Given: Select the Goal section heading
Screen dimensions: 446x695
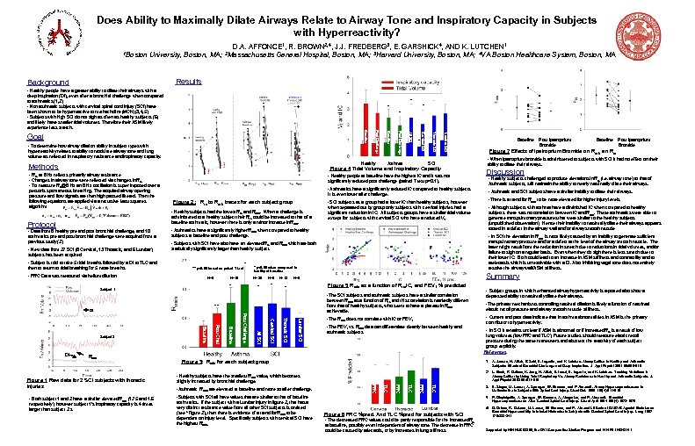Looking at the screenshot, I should (x=35, y=138).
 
